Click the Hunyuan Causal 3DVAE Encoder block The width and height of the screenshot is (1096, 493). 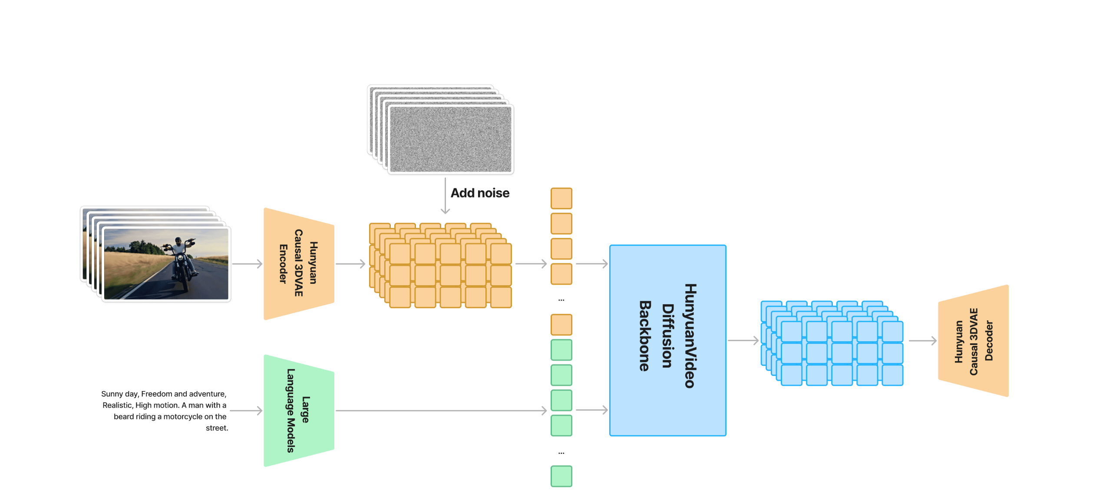(x=299, y=264)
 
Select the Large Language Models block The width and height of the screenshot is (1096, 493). (x=299, y=411)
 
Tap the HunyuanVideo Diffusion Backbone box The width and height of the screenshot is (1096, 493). (x=668, y=340)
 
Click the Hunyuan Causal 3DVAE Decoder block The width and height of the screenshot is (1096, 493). (x=973, y=341)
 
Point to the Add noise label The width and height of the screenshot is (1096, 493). (x=480, y=193)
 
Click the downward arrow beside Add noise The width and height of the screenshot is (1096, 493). (x=445, y=196)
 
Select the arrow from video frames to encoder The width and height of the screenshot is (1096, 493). (x=247, y=264)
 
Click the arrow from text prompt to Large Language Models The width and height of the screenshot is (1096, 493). (x=246, y=411)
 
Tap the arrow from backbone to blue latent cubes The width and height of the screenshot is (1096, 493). (x=743, y=341)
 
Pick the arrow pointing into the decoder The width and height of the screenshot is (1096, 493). (x=923, y=341)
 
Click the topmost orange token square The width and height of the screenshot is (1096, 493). (x=561, y=198)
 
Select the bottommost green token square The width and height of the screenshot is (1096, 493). (x=561, y=476)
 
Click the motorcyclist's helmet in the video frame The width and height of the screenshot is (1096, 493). (x=178, y=240)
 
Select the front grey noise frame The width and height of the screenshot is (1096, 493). (x=451, y=139)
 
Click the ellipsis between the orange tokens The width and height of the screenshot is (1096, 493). (x=561, y=300)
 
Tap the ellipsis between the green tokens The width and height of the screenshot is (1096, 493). (x=561, y=453)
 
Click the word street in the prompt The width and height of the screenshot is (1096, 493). (x=216, y=428)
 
